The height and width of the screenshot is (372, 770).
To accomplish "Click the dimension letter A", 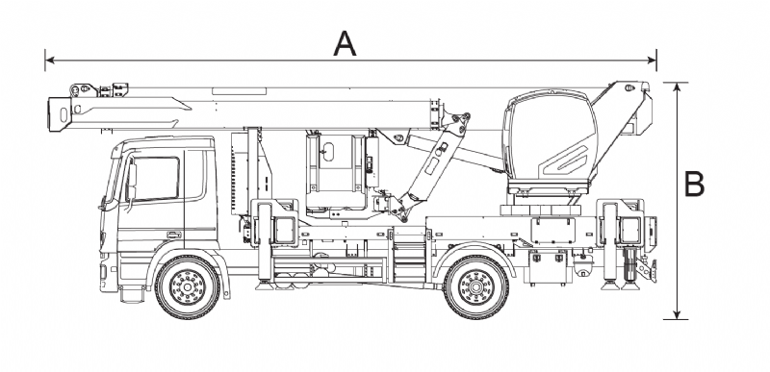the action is (x=345, y=43).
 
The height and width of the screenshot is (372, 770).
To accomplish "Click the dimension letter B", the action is (x=694, y=184).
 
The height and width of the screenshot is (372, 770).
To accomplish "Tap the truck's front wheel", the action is (x=187, y=286).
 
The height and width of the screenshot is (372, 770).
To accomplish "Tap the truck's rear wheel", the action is (x=475, y=286).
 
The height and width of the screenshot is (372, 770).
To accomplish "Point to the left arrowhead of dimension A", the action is (x=50, y=61).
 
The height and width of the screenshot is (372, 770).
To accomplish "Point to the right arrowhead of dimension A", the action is (x=652, y=61).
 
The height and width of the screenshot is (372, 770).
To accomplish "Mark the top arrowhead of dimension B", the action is (x=678, y=87).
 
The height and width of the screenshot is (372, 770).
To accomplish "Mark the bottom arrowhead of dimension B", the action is (x=678, y=314).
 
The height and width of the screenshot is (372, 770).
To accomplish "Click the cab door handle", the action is (x=174, y=235).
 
